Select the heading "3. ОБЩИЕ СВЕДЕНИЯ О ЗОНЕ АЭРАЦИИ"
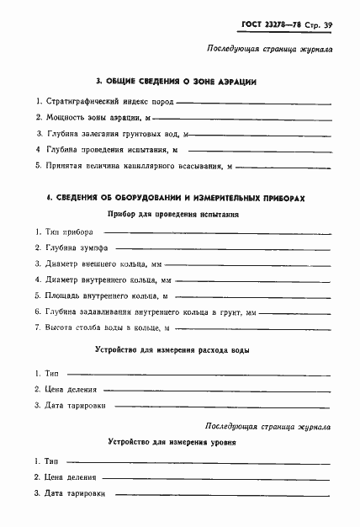[x=176, y=82]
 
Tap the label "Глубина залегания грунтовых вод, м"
[x=116, y=134]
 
